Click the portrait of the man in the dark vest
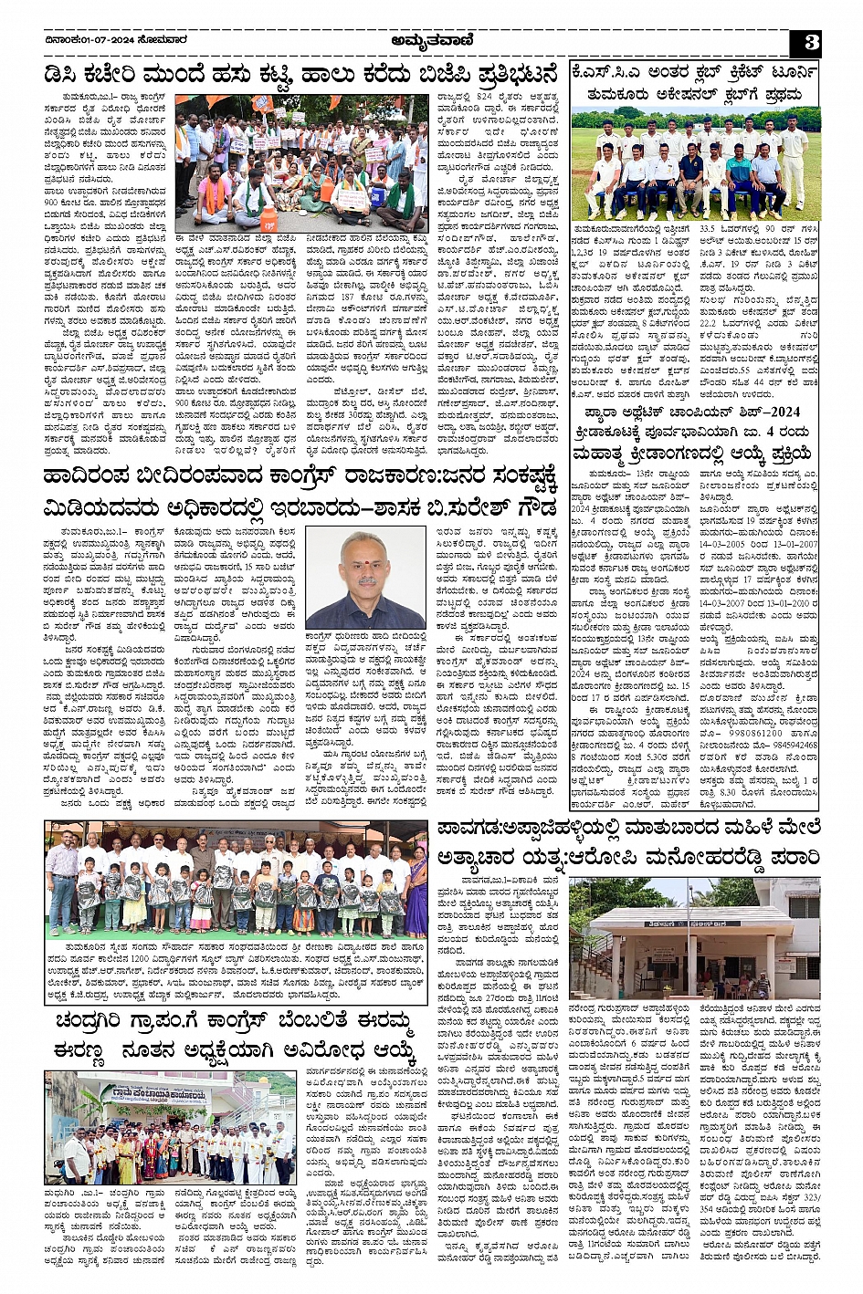pyautogui.click(x=365, y=580)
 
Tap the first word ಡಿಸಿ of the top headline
pyautogui.click(x=65, y=75)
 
